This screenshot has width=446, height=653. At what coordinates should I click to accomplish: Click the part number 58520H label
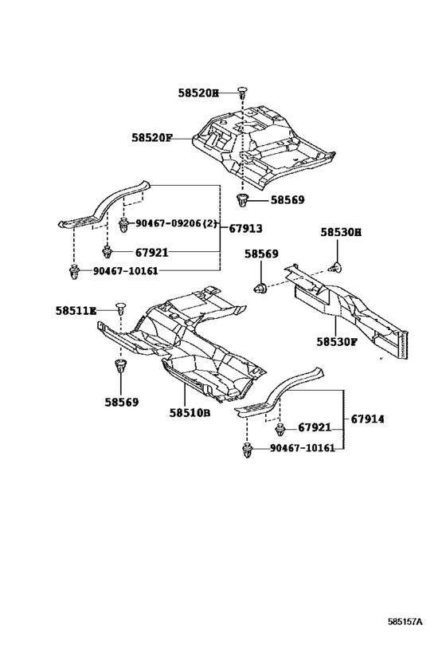pyautogui.click(x=198, y=93)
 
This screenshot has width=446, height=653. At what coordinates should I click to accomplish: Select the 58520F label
pyautogui.click(x=152, y=137)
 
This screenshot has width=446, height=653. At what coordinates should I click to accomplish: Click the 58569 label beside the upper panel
pyautogui.click(x=287, y=200)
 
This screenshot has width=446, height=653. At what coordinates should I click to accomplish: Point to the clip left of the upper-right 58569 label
pyautogui.click(x=243, y=199)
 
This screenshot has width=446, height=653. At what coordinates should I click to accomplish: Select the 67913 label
pyautogui.click(x=245, y=228)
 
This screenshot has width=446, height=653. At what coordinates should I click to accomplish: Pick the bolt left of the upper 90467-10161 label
pyautogui.click(x=73, y=273)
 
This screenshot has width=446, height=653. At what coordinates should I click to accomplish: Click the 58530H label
pyautogui.click(x=341, y=232)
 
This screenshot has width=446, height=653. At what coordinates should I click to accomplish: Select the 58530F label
pyautogui.click(x=337, y=340)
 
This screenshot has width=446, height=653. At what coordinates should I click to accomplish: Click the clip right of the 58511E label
pyautogui.click(x=120, y=308)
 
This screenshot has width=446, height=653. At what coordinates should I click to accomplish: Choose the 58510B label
pyautogui.click(x=189, y=412)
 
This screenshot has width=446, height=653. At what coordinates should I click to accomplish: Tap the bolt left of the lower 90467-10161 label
pyautogui.click(x=246, y=452)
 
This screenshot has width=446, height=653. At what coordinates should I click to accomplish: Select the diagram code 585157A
pyautogui.click(x=405, y=620)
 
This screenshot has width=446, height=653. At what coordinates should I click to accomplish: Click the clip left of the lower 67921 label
pyautogui.click(x=280, y=431)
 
